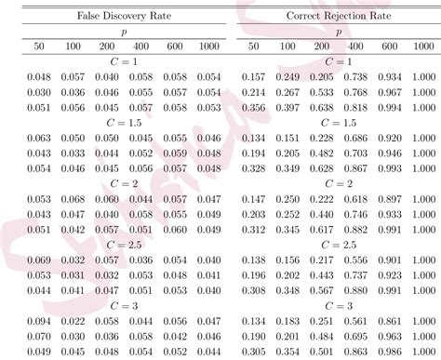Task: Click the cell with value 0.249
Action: [286, 76]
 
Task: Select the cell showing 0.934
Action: [389, 76]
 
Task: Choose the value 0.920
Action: [389, 137]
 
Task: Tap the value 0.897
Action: [389, 198]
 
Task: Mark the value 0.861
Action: [389, 320]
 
